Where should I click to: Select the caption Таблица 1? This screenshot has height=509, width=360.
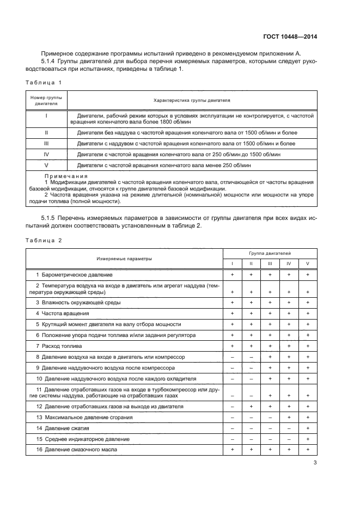pos(44,82)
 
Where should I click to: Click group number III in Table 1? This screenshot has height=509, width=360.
pos(46,143)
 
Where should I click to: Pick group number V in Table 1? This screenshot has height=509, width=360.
pos(46,164)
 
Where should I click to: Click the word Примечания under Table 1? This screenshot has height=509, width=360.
pos(65,176)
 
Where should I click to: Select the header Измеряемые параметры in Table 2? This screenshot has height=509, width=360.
pos(124,259)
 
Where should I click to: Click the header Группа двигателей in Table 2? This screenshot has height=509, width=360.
pos(270,254)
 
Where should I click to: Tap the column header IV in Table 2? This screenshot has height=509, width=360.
pos(289,263)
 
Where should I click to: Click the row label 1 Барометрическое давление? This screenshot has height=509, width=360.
pos(74,275)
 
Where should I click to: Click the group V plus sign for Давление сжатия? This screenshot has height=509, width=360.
pos(308,428)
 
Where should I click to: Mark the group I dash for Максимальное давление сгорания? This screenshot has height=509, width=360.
pos(233,418)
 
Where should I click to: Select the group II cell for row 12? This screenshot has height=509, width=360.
pos(251,407)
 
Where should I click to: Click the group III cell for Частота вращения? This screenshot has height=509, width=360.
pos(270,314)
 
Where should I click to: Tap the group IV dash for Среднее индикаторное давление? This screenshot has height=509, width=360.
pos(289,439)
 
